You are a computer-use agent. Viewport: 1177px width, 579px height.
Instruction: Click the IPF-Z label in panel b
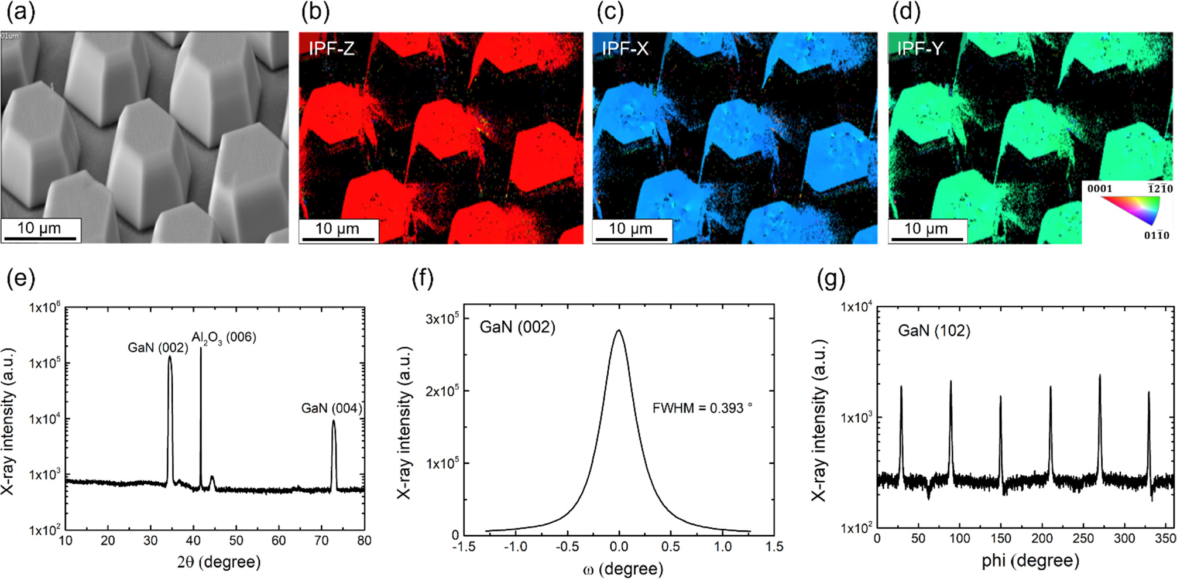click(x=331, y=49)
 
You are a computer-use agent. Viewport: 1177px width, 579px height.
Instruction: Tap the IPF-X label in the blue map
click(x=625, y=49)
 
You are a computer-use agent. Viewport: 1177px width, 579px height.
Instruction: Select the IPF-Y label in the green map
click(x=920, y=49)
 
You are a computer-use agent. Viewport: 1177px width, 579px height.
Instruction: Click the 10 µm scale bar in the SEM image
click(x=39, y=230)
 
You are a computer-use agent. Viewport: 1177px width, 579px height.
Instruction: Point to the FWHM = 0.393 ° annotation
click(x=702, y=408)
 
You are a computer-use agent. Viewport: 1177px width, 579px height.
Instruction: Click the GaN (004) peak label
click(x=331, y=408)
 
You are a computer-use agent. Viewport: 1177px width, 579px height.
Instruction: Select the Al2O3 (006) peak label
click(x=224, y=338)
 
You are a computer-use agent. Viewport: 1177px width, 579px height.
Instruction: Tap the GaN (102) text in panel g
click(x=934, y=331)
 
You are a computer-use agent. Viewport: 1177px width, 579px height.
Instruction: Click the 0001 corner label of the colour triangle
click(x=1099, y=189)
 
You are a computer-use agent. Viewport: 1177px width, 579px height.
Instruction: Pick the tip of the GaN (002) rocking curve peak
click(x=619, y=330)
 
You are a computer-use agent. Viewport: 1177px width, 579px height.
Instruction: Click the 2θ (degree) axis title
click(x=218, y=562)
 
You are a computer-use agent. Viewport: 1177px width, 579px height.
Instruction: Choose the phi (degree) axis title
click(x=1030, y=561)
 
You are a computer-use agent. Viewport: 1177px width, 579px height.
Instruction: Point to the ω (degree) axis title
click(x=623, y=568)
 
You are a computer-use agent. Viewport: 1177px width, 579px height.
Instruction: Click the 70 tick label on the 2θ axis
click(x=321, y=541)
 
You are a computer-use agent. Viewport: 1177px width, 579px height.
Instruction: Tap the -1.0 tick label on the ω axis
click(x=515, y=546)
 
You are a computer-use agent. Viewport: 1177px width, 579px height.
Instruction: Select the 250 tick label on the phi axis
click(x=1083, y=539)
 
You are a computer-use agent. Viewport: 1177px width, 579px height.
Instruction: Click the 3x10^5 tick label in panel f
click(x=442, y=319)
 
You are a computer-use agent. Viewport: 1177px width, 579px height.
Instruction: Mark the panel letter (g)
click(x=831, y=279)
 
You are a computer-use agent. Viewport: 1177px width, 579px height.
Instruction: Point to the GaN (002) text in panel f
click(x=517, y=327)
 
